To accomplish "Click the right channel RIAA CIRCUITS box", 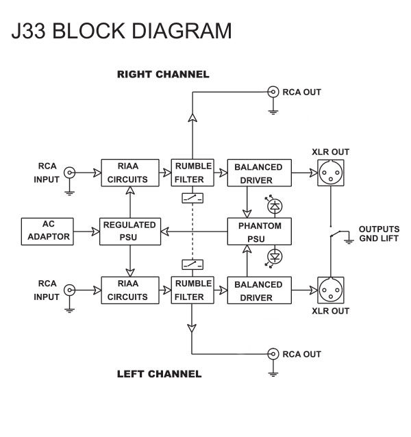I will click(130, 173).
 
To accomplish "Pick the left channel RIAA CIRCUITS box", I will click(130, 290).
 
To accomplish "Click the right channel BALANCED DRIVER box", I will click(259, 173).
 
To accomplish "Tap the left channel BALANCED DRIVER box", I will click(259, 290).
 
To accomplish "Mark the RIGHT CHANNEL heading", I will click(163, 74).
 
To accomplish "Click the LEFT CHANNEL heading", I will click(159, 374).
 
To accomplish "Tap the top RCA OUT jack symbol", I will click(273, 91).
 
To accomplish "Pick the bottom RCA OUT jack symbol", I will click(273, 354).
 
